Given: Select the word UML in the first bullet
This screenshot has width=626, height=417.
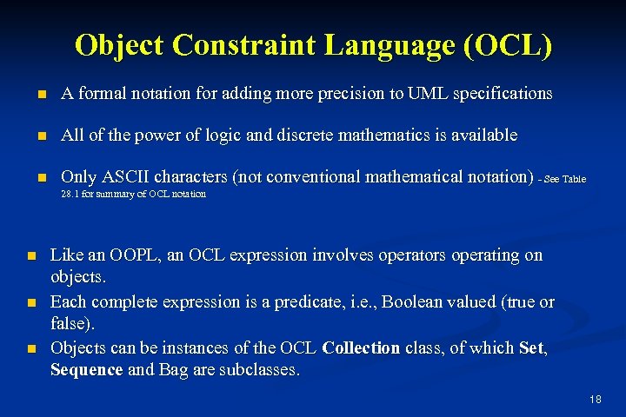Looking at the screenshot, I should pyautogui.click(x=424, y=93).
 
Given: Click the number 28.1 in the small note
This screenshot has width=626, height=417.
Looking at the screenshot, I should pyautogui.click(x=71, y=194).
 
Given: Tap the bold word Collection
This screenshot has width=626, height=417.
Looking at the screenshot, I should pyautogui.click(x=361, y=349).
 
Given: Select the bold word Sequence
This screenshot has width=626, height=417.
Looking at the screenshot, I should pyautogui.click(x=87, y=370).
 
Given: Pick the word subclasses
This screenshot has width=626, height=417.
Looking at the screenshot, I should pyautogui.click(x=260, y=370).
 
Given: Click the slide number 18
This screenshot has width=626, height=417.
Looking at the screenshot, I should pyautogui.click(x=596, y=400).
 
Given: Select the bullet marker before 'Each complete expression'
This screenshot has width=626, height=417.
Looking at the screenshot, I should pyautogui.click(x=30, y=303).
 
